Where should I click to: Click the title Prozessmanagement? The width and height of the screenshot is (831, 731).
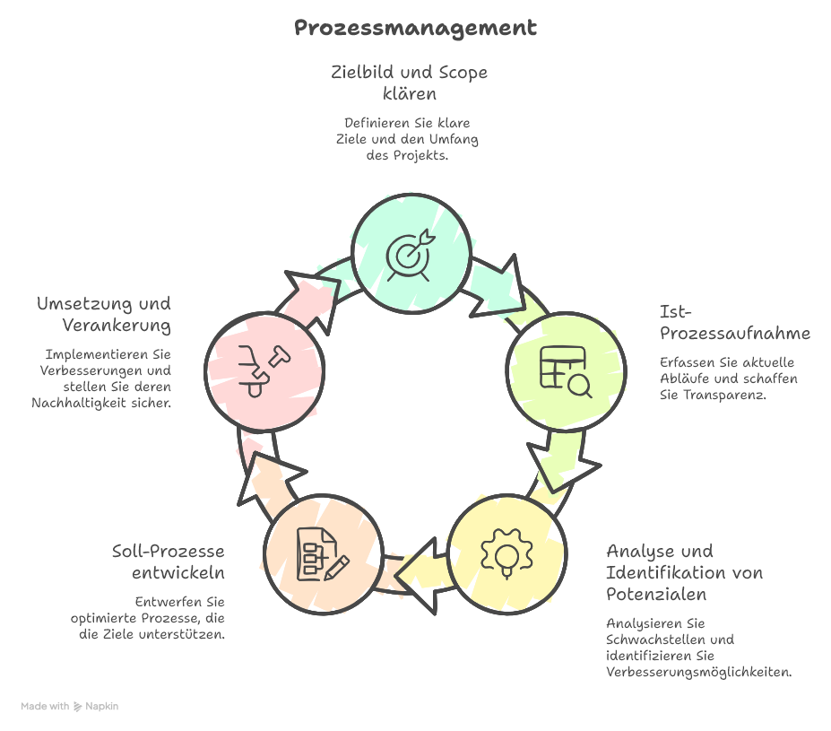(415, 29)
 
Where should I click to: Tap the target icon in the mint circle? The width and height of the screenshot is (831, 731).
(411, 253)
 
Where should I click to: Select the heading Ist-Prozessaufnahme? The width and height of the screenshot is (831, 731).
(734, 323)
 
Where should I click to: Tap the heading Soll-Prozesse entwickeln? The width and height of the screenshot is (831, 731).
(169, 561)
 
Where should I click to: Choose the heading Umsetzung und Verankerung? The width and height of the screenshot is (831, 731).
(105, 314)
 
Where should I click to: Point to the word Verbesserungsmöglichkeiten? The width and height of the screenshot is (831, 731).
(699, 673)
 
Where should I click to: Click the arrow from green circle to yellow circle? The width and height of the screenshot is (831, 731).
(563, 462)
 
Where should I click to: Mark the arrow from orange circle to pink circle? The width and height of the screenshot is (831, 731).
(260, 475)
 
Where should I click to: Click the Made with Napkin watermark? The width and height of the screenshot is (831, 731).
(70, 707)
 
